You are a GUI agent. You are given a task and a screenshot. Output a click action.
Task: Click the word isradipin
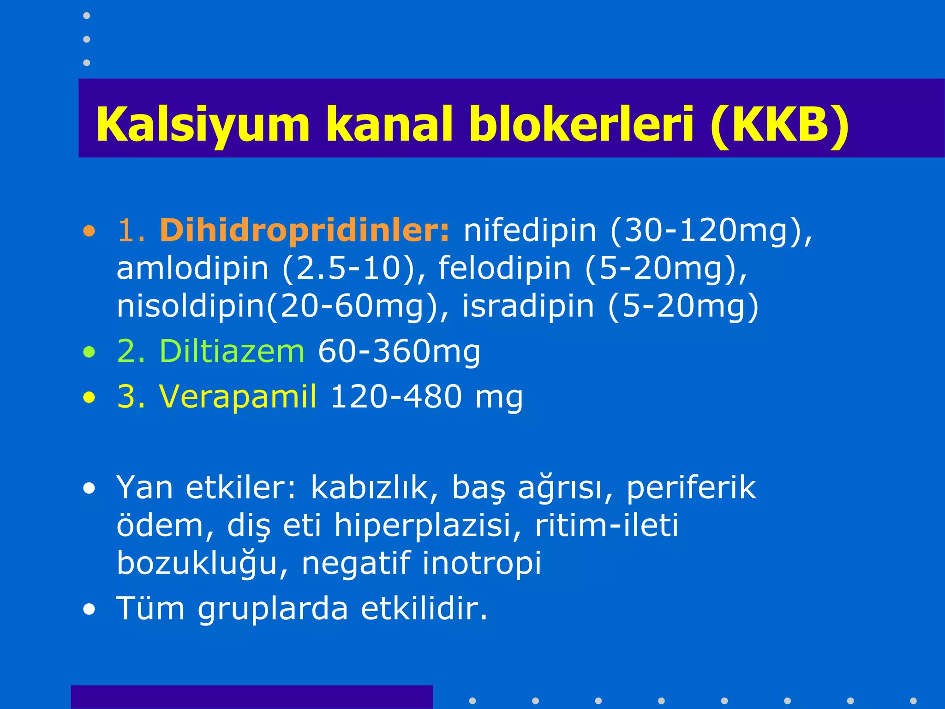pos(528,306)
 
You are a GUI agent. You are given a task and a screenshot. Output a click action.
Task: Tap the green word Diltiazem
pos(232,351)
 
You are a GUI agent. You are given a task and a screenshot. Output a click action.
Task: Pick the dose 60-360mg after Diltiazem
pos(399,351)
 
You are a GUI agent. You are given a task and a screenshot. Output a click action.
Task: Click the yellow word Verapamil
pos(238,396)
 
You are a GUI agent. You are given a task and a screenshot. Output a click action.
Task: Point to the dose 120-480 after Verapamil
pos(396,396)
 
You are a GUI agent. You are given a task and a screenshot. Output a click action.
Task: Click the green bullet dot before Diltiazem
pos(89,353)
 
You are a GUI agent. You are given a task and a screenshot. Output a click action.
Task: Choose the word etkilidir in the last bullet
pos(424,608)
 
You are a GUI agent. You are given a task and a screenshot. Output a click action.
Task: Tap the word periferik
pos(691,487)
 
